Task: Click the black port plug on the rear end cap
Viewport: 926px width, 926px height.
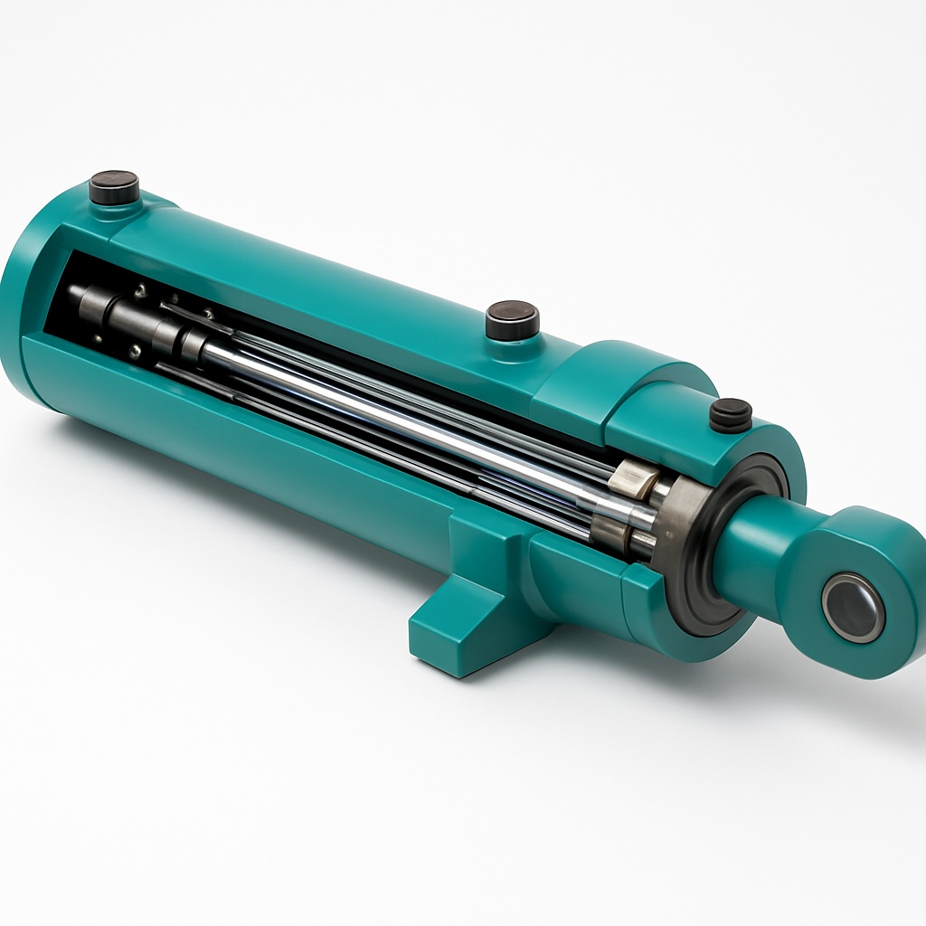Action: pos(114,187)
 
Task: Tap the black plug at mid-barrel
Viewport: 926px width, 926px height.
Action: pos(512,320)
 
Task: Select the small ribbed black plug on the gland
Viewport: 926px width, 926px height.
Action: pos(730,414)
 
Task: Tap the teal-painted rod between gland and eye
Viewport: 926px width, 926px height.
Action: pos(760,552)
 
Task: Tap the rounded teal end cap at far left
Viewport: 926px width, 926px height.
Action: pos(27,307)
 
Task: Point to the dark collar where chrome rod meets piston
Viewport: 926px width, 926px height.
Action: pos(190,344)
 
